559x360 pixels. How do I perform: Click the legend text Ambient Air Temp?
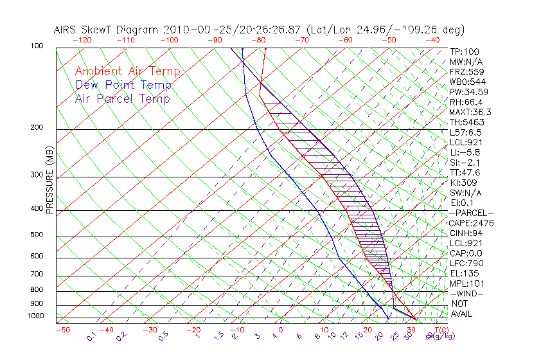point(127,72)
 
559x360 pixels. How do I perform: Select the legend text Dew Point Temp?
point(123,85)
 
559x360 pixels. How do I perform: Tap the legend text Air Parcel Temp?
point(123,99)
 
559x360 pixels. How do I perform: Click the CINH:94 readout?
point(465,233)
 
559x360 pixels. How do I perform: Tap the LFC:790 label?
point(466,263)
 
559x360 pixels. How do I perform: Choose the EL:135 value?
point(463,273)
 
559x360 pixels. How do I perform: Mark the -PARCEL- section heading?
point(471,213)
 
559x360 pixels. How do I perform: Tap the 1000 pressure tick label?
point(36,316)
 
